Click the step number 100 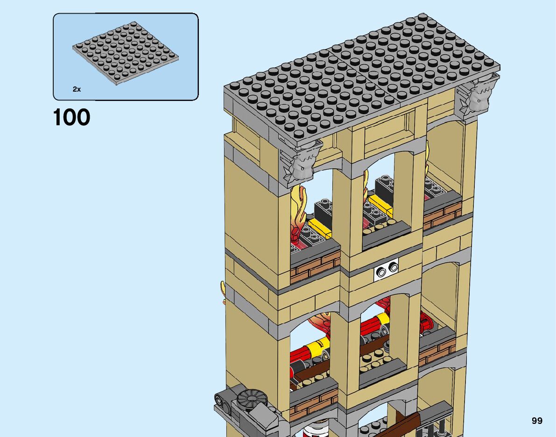(71, 117)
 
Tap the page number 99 (537, 421)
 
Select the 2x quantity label (77, 89)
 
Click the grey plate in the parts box (126, 54)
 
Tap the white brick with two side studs (387, 269)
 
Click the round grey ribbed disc (252, 398)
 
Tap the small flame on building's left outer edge (224, 292)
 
